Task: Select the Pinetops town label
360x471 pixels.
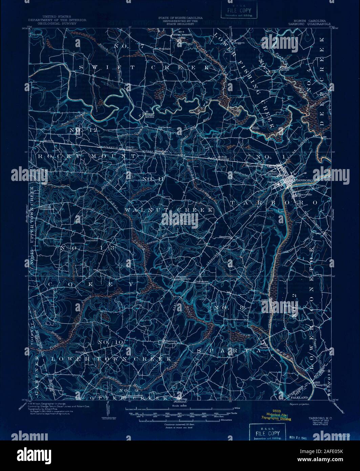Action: [x=170, y=341]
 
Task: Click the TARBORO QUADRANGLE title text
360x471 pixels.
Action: [x=309, y=24]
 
